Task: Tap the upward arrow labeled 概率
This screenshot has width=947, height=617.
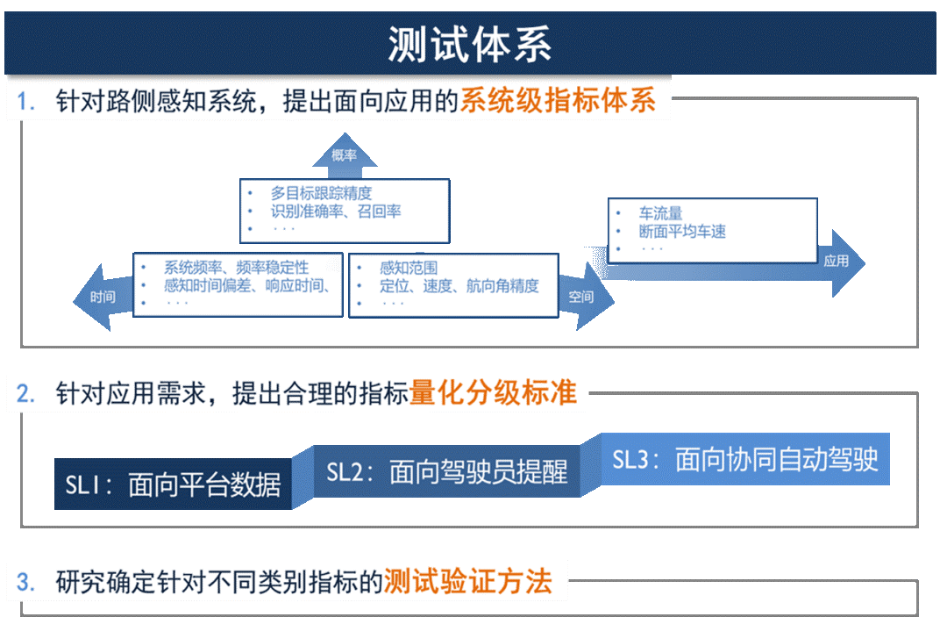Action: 345,155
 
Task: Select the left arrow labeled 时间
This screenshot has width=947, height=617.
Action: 102,297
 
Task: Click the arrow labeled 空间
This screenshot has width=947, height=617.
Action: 580,297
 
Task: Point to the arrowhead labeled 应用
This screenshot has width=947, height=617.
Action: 837,261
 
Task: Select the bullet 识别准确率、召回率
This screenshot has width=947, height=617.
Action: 336,212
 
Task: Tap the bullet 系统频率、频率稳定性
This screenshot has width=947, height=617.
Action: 236,267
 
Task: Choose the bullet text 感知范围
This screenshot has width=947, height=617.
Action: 409,268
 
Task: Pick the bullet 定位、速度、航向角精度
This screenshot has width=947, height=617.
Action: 459,286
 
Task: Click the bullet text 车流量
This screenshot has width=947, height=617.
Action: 660,213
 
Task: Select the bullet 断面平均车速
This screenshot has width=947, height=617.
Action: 682,232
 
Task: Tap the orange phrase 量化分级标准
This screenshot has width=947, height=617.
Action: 493,393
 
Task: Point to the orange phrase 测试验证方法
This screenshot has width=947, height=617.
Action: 468,581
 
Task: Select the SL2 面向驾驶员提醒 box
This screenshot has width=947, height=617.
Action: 447,473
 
